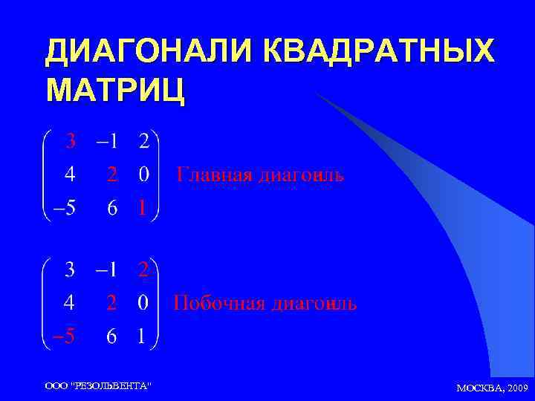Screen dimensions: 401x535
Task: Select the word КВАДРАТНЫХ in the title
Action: pyautogui.click(x=378, y=51)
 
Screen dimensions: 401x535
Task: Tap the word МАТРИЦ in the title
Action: pyautogui.click(x=116, y=90)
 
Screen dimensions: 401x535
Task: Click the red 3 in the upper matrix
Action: pyautogui.click(x=69, y=140)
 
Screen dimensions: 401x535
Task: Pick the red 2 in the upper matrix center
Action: pyautogui.click(x=111, y=175)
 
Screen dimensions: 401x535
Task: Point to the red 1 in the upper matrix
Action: pyautogui.click(x=142, y=209)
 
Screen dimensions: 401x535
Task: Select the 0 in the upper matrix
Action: pyautogui.click(x=143, y=175)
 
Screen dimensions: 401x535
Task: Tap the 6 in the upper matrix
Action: pyautogui.click(x=111, y=209)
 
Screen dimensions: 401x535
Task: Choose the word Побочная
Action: pyautogui.click(x=218, y=304)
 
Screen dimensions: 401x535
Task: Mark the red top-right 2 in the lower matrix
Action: pyautogui.click(x=143, y=269)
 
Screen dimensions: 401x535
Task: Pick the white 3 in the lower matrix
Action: pyautogui.click(x=69, y=269)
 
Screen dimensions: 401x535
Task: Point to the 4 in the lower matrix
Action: pyautogui.click(x=69, y=303)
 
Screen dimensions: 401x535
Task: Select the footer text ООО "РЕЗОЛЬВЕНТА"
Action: pyautogui.click(x=97, y=385)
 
